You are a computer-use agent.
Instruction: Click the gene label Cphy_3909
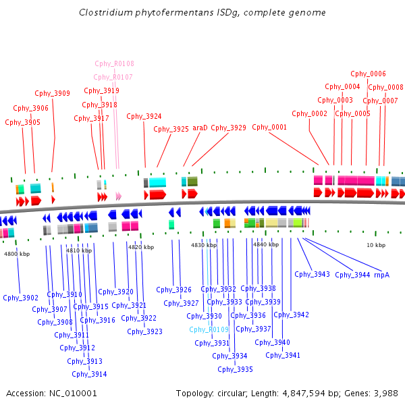(52, 93)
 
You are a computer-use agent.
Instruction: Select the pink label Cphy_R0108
(115, 63)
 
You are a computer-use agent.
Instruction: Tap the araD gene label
(200, 128)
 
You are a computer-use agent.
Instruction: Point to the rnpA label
(382, 275)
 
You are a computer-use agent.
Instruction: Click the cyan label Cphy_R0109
(209, 329)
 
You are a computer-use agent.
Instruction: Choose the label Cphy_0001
(269, 127)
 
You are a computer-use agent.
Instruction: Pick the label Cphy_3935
(235, 369)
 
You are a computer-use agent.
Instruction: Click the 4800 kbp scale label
(17, 254)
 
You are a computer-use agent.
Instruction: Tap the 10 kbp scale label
(376, 245)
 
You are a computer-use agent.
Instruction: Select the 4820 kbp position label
(141, 247)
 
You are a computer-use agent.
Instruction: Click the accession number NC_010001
(73, 394)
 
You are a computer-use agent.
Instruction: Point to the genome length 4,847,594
(304, 394)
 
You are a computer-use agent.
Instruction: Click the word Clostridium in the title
(106, 12)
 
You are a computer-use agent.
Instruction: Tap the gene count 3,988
(386, 394)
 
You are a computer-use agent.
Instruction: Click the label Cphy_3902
(21, 298)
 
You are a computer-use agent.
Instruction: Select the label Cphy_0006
(368, 74)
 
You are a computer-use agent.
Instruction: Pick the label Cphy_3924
(144, 117)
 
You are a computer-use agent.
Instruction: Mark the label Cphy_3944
(352, 275)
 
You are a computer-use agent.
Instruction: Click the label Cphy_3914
(89, 374)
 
